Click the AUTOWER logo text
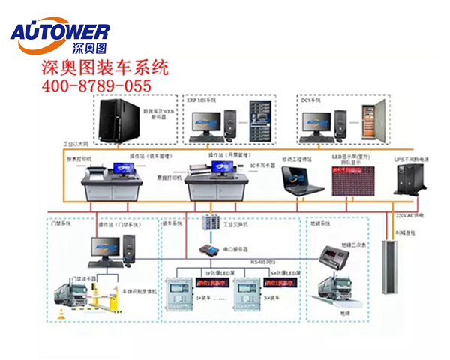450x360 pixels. pyautogui.click(x=60, y=31)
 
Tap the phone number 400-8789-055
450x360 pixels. pyautogui.click(x=95, y=85)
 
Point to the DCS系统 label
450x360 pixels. pyautogui.click(x=312, y=99)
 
